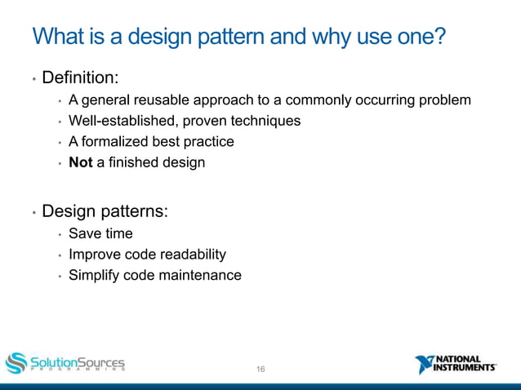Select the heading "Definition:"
(80, 78)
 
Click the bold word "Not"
(81, 162)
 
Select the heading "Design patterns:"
(105, 211)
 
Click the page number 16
(260, 370)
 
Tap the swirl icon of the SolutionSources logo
(16, 362)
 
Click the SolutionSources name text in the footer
(78, 361)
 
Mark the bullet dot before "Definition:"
(33, 80)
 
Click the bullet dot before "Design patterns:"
(33, 213)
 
